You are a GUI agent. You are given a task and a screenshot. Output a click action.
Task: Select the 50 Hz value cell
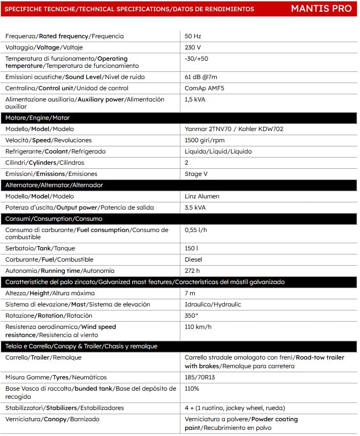[x=193, y=36]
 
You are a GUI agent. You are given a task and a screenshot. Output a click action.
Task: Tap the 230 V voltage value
[x=193, y=47]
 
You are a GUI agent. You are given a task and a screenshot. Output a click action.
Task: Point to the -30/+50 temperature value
[x=196, y=59]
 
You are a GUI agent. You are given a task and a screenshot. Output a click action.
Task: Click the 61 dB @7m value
[x=200, y=77]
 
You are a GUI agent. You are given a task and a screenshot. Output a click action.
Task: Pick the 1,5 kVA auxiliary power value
[x=195, y=99]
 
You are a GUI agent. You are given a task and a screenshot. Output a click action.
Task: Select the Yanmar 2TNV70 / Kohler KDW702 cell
[x=234, y=129]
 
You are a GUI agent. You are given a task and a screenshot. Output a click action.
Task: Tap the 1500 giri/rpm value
[x=204, y=140]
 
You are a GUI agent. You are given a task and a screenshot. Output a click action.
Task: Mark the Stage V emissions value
[x=196, y=174]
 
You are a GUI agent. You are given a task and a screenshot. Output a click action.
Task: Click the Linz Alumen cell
[x=202, y=196]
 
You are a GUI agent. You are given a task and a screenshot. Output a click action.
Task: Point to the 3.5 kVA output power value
[x=195, y=208]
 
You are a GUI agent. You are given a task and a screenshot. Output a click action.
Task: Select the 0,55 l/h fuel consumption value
[x=196, y=230]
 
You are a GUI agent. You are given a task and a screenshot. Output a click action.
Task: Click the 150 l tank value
[x=192, y=248]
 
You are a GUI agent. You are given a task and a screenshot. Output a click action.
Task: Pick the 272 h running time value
[x=192, y=271]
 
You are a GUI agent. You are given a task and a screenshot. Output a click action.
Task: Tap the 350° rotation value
[x=192, y=316]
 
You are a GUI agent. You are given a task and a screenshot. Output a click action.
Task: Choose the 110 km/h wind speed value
[x=198, y=327]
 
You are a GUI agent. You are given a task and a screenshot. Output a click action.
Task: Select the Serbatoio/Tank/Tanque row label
[x=40, y=248]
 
